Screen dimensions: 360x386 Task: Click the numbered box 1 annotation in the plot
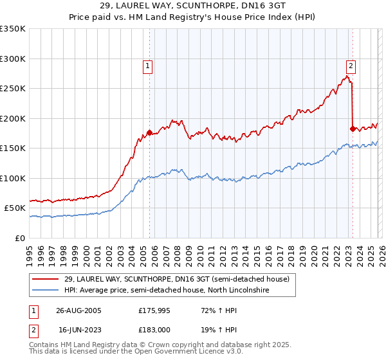click(x=148, y=65)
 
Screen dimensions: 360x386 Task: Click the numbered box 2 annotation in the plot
click(x=351, y=65)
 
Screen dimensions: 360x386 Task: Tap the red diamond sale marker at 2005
click(x=150, y=133)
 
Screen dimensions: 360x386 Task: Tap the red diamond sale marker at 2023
click(x=353, y=129)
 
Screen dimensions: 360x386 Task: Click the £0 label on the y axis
click(x=19, y=238)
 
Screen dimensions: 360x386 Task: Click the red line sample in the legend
click(x=46, y=279)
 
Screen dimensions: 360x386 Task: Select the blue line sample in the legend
click(x=46, y=291)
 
